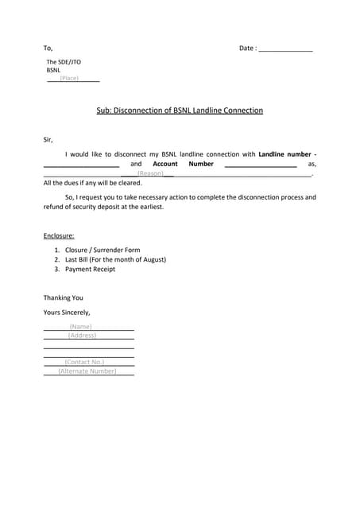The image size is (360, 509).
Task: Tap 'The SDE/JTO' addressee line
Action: click(x=64, y=61)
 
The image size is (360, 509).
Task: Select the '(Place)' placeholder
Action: click(x=69, y=78)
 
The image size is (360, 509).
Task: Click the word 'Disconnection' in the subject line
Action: click(x=148, y=111)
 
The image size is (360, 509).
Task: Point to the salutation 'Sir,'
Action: click(x=48, y=140)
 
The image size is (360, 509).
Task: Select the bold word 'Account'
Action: click(x=165, y=163)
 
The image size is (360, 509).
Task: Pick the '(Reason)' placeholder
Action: click(x=150, y=173)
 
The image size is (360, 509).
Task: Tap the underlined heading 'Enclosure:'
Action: click(x=59, y=235)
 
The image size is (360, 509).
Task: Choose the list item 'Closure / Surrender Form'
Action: click(x=103, y=250)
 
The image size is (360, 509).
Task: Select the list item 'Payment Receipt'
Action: click(x=90, y=269)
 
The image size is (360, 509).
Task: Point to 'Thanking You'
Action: click(x=63, y=297)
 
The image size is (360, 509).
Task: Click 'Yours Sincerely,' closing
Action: click(x=67, y=312)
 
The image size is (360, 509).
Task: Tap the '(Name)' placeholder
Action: click(x=80, y=326)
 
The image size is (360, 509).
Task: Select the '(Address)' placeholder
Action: click(x=82, y=335)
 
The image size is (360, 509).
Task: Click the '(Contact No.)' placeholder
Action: click(x=84, y=362)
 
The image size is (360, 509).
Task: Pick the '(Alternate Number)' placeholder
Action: click(x=87, y=371)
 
